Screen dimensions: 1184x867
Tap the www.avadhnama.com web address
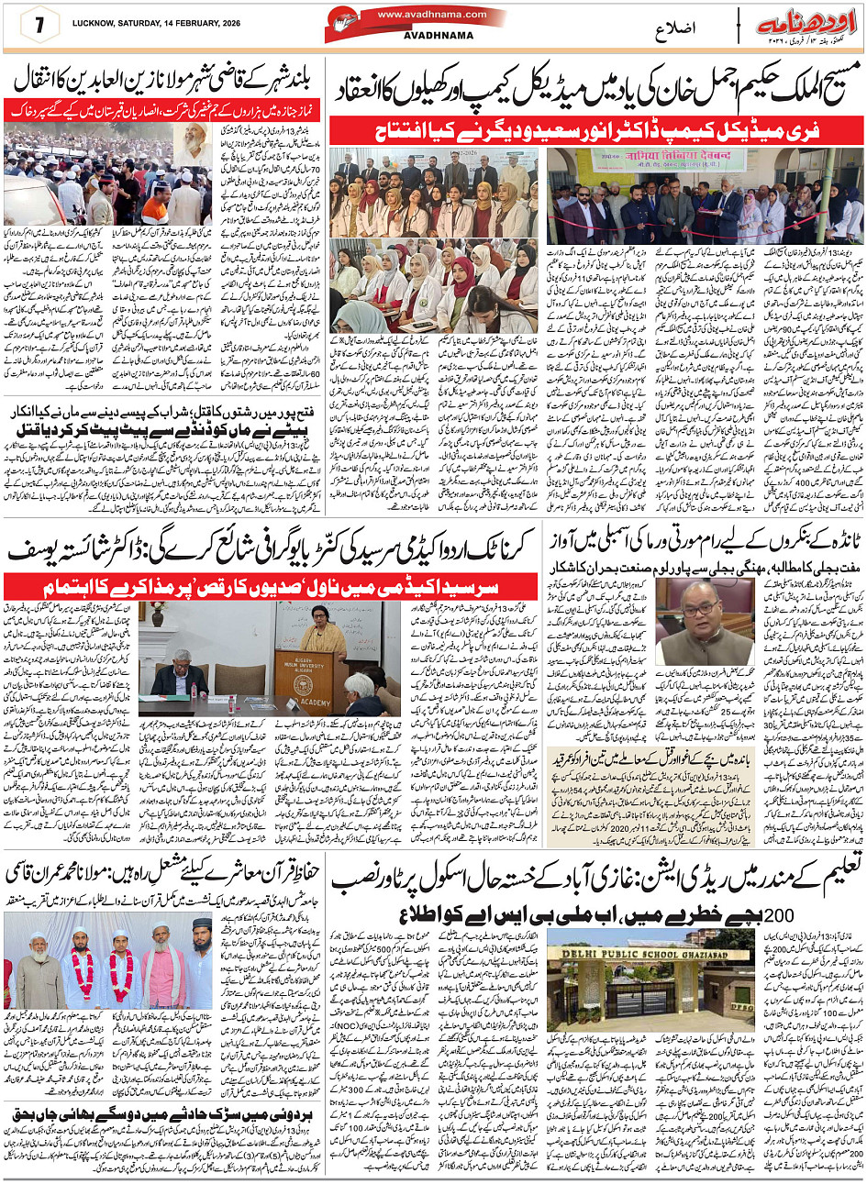click(x=417, y=15)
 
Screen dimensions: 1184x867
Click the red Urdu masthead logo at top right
click(x=800, y=24)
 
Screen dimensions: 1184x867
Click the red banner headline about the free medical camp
click(x=596, y=130)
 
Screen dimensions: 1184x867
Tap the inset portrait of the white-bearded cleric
click(x=194, y=145)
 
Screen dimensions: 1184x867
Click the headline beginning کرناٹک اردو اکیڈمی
click(x=275, y=552)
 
